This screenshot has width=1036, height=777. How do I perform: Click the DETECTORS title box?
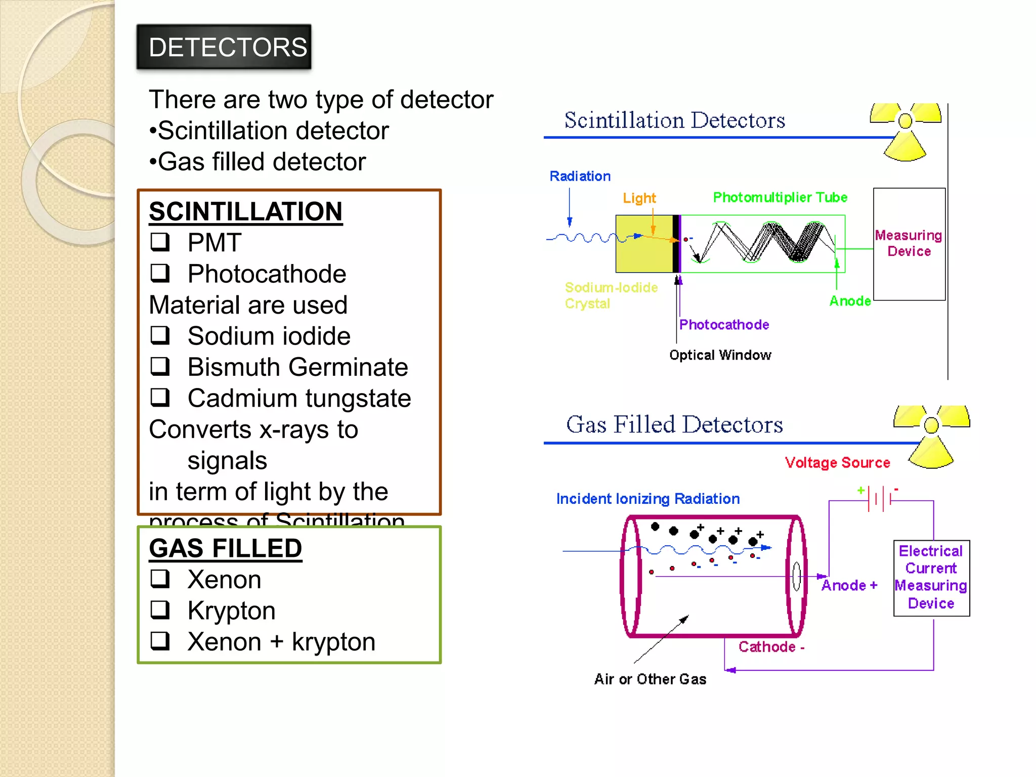[224, 47]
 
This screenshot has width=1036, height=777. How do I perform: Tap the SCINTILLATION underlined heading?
[245, 211]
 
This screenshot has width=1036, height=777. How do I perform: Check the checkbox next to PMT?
[160, 242]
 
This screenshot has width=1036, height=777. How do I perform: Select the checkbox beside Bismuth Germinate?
[160, 366]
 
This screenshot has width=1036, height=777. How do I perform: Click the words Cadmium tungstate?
[299, 398]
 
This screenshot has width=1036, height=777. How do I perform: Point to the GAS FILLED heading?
[225, 548]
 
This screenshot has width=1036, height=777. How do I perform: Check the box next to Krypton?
[160, 610]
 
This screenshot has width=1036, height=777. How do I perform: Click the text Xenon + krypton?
[281, 641]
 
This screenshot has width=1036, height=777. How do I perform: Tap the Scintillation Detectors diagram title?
[674, 120]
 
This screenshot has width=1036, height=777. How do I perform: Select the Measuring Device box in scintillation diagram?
[909, 244]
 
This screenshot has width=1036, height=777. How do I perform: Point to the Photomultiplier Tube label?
[780, 197]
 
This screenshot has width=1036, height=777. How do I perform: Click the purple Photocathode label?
[724, 325]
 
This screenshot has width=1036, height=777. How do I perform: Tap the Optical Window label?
[720, 355]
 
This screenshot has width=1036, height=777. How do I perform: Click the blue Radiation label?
[580, 176]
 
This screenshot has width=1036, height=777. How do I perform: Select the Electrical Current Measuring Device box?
[931, 578]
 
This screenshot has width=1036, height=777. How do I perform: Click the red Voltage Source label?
[837, 462]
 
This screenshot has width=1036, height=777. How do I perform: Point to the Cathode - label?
[771, 646]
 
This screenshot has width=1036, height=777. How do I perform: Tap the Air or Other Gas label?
[650, 679]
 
